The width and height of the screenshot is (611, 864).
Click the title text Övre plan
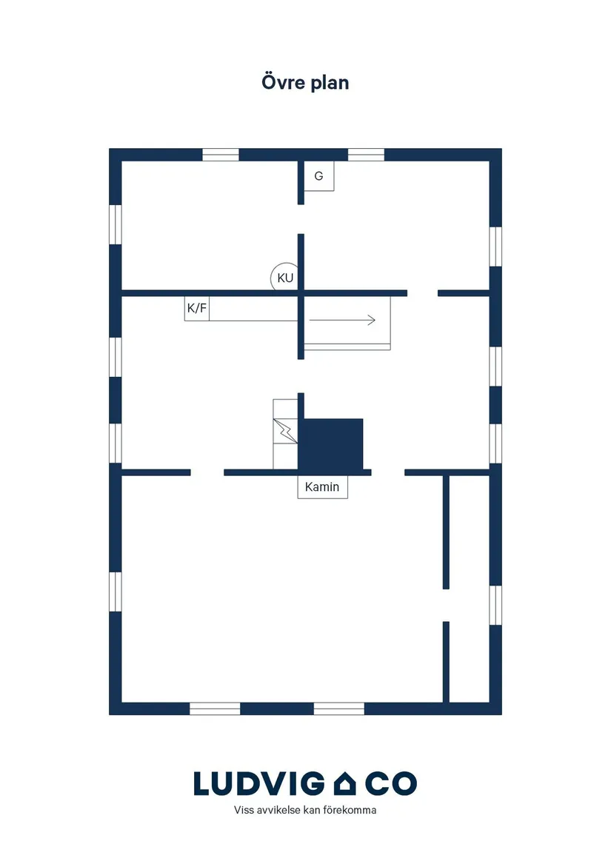point(305,83)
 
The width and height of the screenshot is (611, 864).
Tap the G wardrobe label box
point(318,176)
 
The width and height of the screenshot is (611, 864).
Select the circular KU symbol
point(284,277)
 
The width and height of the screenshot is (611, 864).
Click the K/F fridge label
point(197,309)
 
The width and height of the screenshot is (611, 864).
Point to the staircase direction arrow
point(342,320)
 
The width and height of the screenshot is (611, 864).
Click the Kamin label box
point(323,487)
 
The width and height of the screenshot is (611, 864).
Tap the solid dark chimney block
point(330,445)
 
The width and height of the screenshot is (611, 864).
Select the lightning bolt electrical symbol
point(285,431)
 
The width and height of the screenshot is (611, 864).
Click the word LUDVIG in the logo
point(259,783)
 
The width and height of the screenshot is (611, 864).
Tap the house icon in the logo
point(345,783)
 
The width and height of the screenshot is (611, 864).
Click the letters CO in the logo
point(391,783)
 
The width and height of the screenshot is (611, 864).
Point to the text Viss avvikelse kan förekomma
point(305,810)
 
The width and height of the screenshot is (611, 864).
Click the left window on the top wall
point(221,155)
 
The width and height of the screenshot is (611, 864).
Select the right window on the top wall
point(366,155)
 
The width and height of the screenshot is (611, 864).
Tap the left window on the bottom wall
point(215,709)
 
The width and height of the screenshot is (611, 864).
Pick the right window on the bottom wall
point(339,709)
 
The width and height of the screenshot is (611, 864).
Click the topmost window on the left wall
point(116,224)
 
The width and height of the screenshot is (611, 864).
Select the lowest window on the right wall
point(495,605)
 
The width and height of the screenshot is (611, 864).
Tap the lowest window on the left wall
point(116,592)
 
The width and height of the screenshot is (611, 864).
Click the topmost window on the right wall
point(495,247)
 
